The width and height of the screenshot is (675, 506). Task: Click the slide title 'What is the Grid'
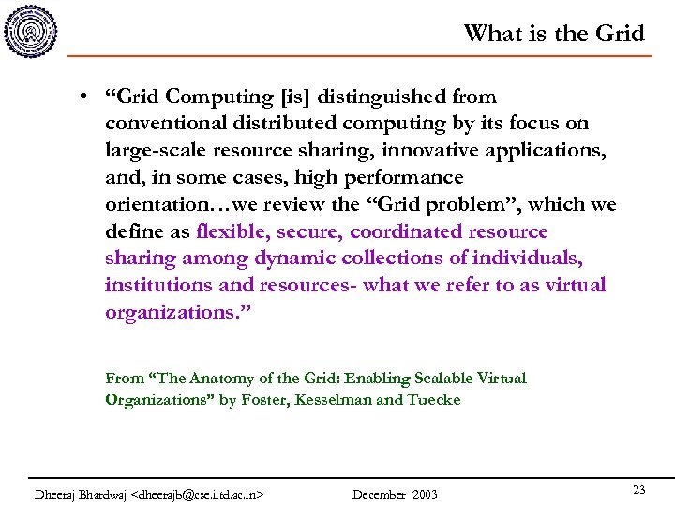(554, 34)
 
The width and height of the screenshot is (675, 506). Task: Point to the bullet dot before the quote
(84, 97)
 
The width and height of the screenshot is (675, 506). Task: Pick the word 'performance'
(406, 177)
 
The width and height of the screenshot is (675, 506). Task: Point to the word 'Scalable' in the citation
(439, 379)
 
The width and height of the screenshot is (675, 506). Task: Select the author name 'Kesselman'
(322, 400)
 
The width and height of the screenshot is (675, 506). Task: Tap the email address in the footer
(199, 494)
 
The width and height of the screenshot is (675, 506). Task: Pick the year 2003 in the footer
(423, 494)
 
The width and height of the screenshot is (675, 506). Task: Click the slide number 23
(639, 490)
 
